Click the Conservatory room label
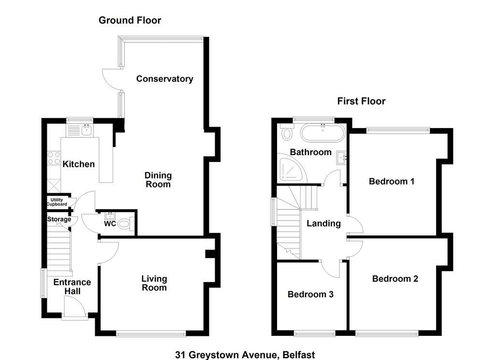coord(164,79)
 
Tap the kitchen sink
coord(86,130)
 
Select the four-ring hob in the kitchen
coord(54,158)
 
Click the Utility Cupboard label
coord(57,202)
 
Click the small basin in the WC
coord(110,216)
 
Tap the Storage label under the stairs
coord(59,219)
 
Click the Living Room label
coord(154,283)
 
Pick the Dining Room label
coord(158,180)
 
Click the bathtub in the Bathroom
coord(322,133)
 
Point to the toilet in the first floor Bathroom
coord(287,132)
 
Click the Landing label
coord(323,224)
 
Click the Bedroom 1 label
coord(392,181)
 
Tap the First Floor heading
coord(362,101)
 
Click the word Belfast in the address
coord(299,355)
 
